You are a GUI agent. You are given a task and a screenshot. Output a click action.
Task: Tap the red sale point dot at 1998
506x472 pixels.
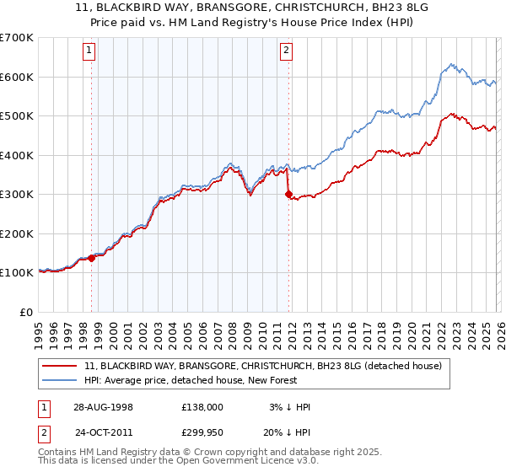pyautogui.click(x=92, y=258)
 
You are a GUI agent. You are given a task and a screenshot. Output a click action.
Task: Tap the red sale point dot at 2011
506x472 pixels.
pyautogui.click(x=288, y=195)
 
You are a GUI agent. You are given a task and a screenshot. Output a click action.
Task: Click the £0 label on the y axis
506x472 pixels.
pyautogui.click(x=26, y=312)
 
